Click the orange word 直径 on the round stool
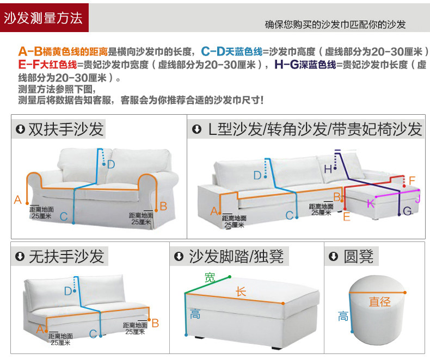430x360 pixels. tap(379, 301)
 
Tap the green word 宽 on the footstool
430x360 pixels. tap(210, 277)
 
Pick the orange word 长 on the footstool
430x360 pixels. tap(241, 291)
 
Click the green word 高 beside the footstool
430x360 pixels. tap(195, 313)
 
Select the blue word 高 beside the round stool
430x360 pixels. tap(343, 316)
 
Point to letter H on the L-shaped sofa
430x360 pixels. tap(328, 169)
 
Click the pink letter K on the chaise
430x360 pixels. tap(370, 204)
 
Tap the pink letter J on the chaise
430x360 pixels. tap(417, 199)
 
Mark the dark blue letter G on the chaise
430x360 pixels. tap(407, 212)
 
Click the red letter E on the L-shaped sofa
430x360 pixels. tap(346, 217)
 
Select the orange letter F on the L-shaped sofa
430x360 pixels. tap(411, 181)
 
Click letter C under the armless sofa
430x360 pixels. tap(93, 334)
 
